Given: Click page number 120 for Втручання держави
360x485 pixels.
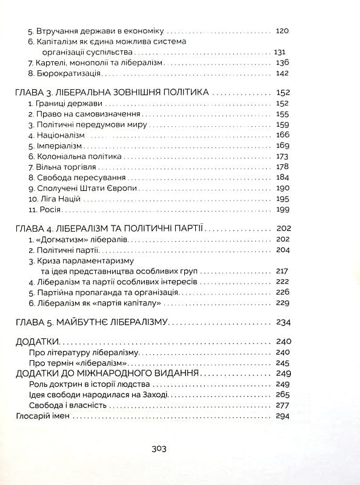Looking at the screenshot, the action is [283, 30].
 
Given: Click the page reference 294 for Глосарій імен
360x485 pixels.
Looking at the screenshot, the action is [283, 416].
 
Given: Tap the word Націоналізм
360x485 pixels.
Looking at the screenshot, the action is [56, 135].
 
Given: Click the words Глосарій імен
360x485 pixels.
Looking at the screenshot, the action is [42, 416].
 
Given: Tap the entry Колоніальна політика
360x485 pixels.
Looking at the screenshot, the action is [72, 156].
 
